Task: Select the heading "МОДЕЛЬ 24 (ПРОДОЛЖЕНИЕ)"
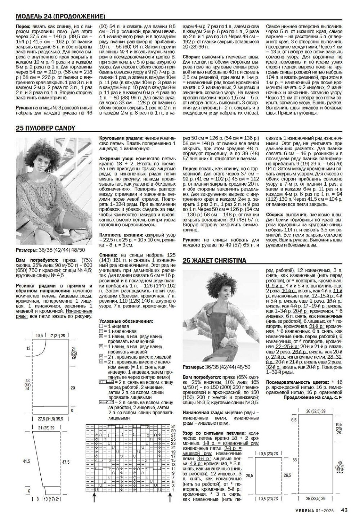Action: coord(60,16)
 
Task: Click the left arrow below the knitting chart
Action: coord(94,499)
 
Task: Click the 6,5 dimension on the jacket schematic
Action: coord(294,420)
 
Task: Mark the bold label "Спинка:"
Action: coord(109,255)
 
